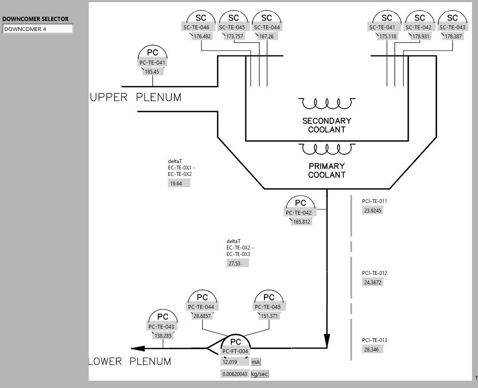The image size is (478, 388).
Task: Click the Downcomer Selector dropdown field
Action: click(x=37, y=29)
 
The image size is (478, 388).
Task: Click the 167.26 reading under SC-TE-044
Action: click(x=266, y=37)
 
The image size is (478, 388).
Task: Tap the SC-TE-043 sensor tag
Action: click(x=452, y=28)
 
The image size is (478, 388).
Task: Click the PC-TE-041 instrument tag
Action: click(x=152, y=62)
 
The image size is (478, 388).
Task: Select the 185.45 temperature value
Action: click(x=152, y=72)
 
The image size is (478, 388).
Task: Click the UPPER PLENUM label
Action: click(x=136, y=98)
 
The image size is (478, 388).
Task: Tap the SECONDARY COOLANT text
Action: click(x=326, y=125)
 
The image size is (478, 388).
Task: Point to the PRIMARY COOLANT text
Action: click(x=326, y=170)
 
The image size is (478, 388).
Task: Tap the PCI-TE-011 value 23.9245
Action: click(x=373, y=211)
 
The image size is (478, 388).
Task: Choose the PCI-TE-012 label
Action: click(x=374, y=273)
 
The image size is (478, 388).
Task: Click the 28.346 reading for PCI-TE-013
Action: click(x=372, y=350)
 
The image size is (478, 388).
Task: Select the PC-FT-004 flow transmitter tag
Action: click(x=236, y=351)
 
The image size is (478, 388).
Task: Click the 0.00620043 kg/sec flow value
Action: click(x=235, y=374)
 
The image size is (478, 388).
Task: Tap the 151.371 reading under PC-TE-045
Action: click(x=269, y=316)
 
